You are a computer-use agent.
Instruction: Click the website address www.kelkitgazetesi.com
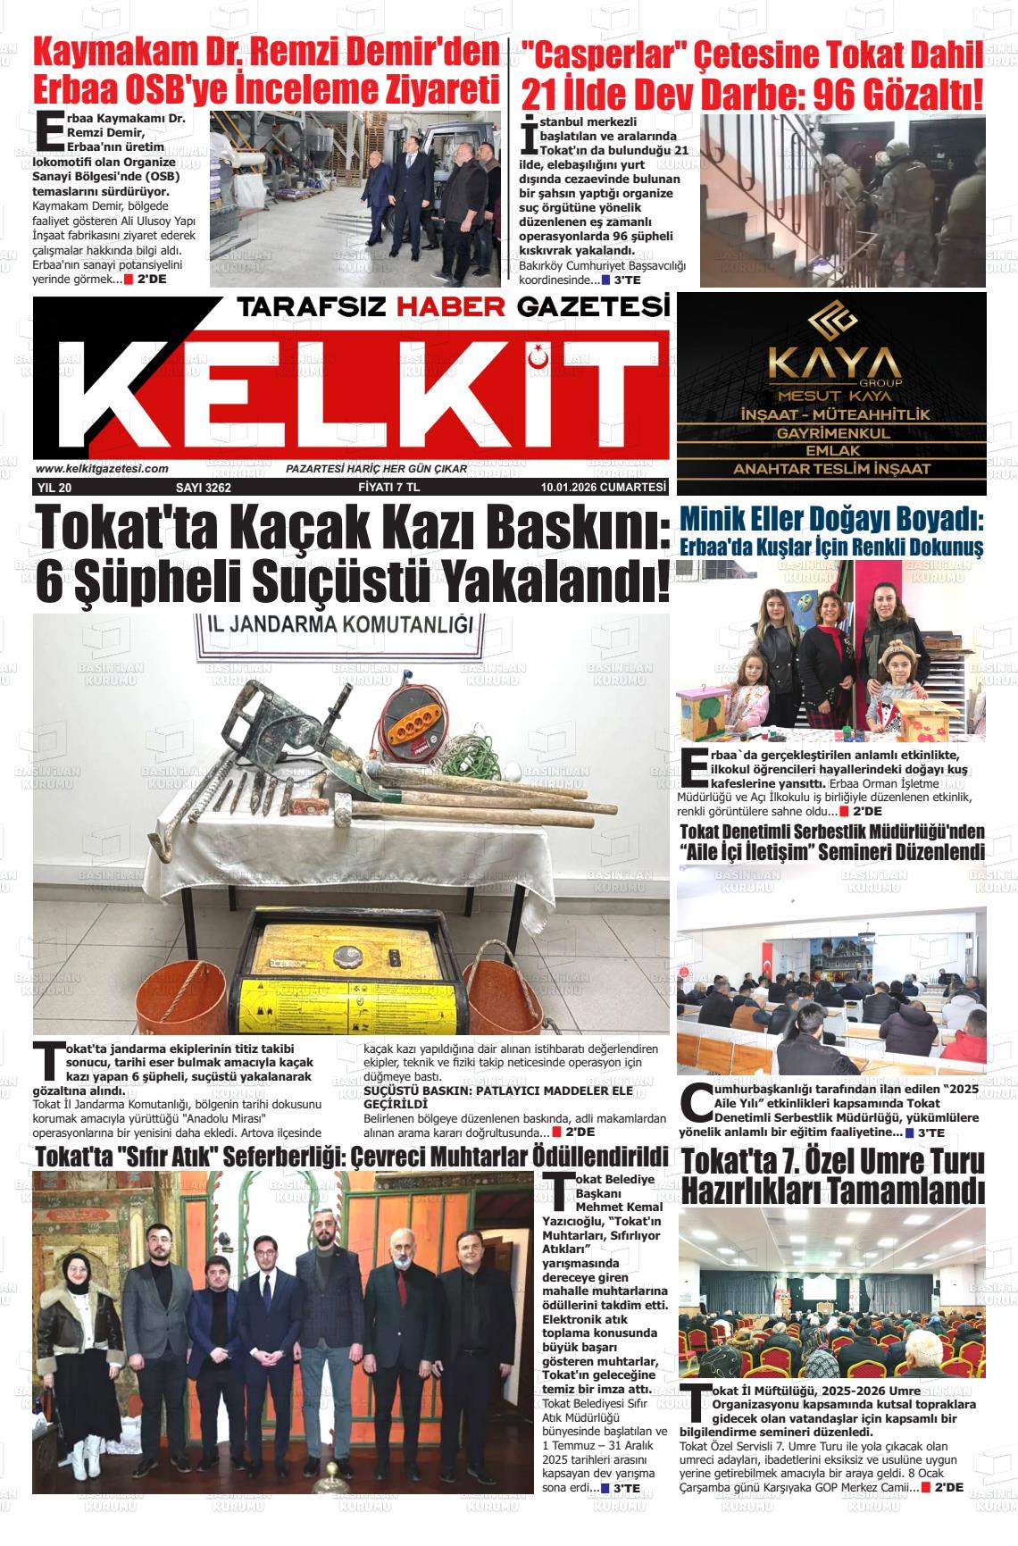tap(102, 469)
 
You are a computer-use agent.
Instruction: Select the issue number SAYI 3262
tap(204, 488)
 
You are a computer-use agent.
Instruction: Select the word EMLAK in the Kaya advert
tap(831, 450)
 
